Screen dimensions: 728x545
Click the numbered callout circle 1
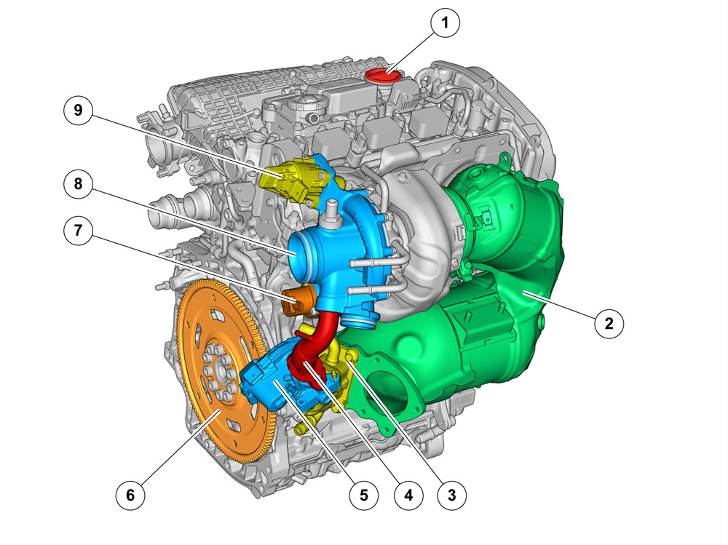446,23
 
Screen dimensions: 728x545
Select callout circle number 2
609,323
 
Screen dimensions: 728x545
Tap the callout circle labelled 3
452,495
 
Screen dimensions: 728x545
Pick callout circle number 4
408,495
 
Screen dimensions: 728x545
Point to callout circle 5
364,495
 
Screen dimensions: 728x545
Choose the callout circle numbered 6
130,495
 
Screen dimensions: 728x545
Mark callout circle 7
78,230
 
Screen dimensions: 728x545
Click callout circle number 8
78,184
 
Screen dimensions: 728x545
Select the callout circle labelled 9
78,110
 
